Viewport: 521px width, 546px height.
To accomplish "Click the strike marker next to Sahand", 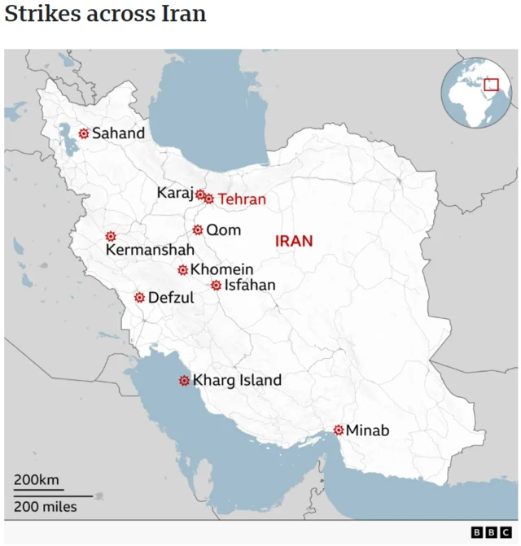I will (x=84, y=133).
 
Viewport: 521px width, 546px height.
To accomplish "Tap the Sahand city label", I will (x=118, y=133).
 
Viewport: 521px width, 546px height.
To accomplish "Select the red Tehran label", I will (x=242, y=199).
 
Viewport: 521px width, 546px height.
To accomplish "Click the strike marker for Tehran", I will (x=209, y=199).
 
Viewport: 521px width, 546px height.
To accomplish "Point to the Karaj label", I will (x=175, y=193).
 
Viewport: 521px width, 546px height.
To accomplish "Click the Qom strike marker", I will (x=198, y=230).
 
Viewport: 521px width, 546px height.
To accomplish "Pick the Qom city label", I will (x=223, y=230).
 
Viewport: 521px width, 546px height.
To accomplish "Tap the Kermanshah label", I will (x=150, y=251).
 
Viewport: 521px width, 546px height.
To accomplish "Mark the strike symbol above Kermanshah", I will (x=111, y=236).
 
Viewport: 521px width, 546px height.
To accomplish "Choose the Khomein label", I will (x=221, y=269).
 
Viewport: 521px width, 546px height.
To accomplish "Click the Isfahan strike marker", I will (x=216, y=286).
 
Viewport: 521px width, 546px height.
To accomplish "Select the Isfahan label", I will (x=250, y=286).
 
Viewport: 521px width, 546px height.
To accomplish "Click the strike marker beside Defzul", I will (x=139, y=298).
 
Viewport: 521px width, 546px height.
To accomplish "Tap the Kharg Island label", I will (x=237, y=380).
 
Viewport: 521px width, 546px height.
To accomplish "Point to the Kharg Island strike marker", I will (x=185, y=380).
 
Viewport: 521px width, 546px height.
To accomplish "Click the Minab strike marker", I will (x=339, y=430).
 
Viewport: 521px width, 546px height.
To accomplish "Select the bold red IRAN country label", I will (x=294, y=241).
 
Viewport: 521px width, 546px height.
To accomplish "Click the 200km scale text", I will (x=37, y=480).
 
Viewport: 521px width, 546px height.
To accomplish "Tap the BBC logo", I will (x=490, y=532).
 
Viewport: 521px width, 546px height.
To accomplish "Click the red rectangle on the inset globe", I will (x=491, y=85).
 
